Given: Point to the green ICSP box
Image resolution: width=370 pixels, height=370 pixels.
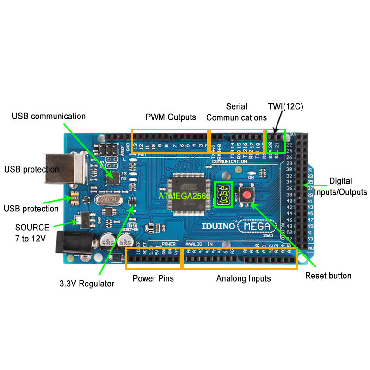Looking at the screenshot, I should (222, 195).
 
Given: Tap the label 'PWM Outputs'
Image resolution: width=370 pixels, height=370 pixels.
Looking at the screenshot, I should (171, 117).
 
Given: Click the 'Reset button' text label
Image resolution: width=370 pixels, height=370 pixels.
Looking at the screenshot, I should (328, 276).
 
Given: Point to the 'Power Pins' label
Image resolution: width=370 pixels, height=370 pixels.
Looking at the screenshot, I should (153, 278).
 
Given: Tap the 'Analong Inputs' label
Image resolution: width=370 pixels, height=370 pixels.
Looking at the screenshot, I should (243, 278).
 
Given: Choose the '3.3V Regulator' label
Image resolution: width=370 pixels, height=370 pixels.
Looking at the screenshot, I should (86, 284).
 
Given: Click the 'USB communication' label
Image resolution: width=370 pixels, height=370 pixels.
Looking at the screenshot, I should (49, 116).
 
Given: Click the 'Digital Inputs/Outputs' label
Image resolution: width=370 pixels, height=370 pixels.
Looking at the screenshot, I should (340, 186).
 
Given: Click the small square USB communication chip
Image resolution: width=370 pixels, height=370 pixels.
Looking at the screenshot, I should (113, 177).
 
